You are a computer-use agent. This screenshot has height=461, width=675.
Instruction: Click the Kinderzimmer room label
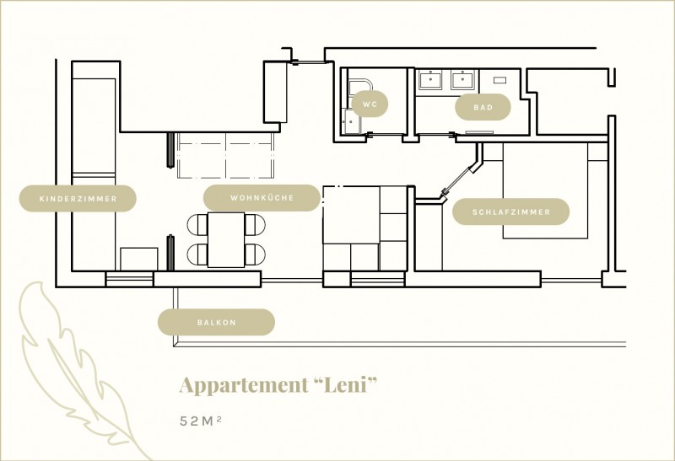coord(78,199)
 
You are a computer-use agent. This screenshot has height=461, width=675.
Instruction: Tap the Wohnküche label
coord(262,199)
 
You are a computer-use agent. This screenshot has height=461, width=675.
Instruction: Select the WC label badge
coord(370,105)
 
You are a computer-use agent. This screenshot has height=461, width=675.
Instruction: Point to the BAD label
coord(483,108)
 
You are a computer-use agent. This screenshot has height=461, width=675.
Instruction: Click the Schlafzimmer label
coord(510,212)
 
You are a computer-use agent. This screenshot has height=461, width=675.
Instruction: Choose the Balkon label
coord(216,322)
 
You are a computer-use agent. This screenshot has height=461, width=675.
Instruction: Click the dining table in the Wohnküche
coord(225,240)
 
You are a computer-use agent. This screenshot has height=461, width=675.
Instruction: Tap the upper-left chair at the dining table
coord(196,224)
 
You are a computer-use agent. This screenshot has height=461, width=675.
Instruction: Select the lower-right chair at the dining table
coord(256,254)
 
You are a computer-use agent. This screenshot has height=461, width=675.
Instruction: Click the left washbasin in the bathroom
coord(431,81)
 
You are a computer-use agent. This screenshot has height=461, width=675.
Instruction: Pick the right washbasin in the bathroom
coord(462,81)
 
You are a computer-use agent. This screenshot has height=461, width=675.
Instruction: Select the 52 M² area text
coord(200,420)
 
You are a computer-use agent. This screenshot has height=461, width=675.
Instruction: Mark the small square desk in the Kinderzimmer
coord(138,259)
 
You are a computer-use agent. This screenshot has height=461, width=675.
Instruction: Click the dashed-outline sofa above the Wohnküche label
coord(225,156)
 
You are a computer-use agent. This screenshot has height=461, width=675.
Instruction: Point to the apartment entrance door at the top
coord(309,62)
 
